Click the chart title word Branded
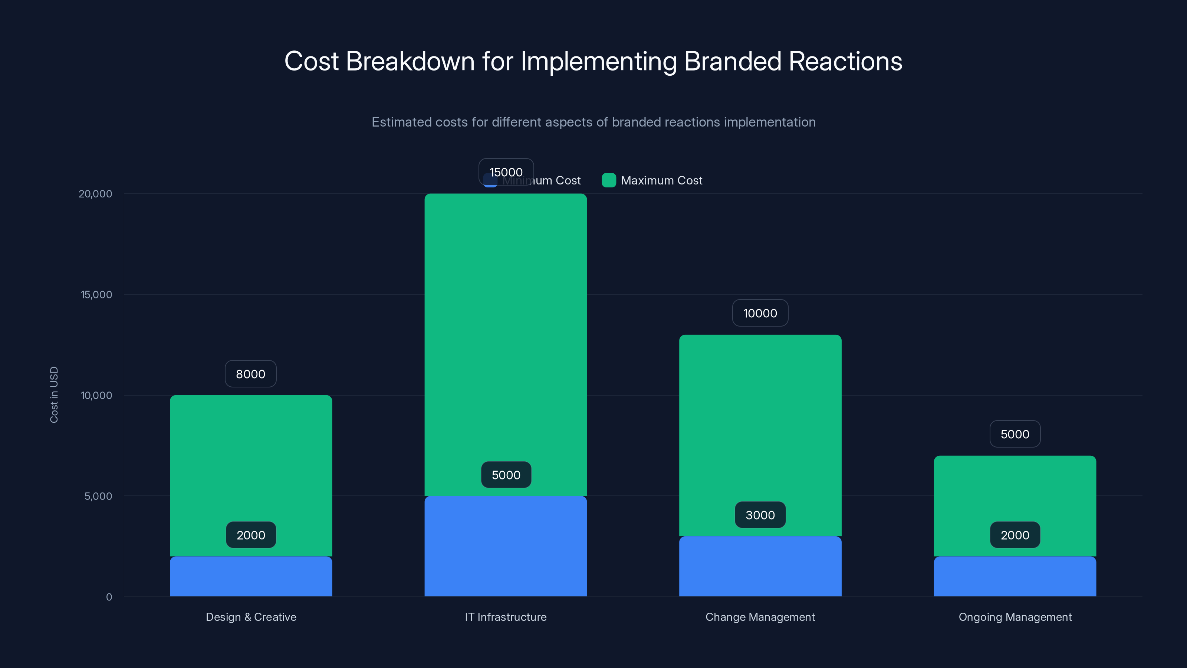(x=733, y=61)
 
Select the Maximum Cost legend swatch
(x=609, y=180)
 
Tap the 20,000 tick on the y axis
(x=95, y=194)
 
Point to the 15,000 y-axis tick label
(x=96, y=295)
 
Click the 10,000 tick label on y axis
(x=96, y=396)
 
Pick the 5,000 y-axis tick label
(x=98, y=497)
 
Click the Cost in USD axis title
(x=54, y=394)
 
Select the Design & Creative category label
(x=251, y=617)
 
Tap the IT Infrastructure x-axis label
(x=506, y=617)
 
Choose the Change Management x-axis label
(x=760, y=617)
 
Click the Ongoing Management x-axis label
(x=1015, y=617)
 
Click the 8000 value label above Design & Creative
(x=250, y=374)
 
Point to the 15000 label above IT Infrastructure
(x=506, y=172)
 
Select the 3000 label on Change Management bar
(x=760, y=515)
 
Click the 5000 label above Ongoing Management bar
(x=1015, y=434)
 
